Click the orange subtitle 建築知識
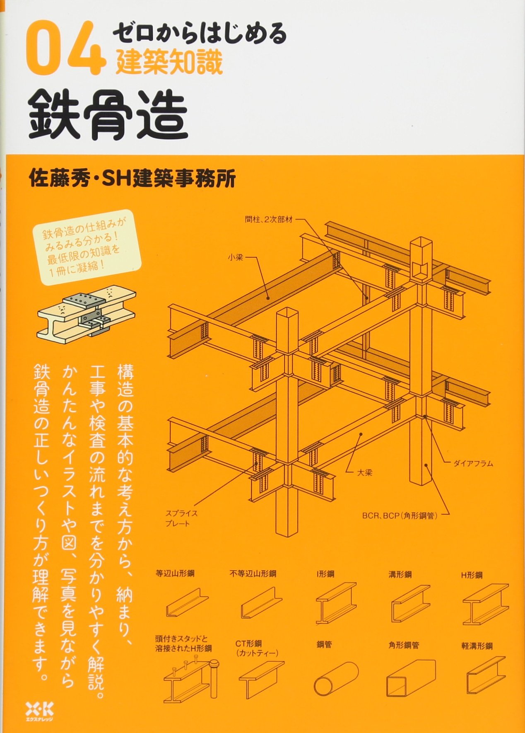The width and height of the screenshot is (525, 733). (169, 61)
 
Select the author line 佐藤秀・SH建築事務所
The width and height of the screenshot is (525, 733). (132, 179)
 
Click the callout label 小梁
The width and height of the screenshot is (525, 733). (235, 257)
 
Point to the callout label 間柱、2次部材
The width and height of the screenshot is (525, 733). (269, 220)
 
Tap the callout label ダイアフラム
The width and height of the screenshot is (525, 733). (473, 464)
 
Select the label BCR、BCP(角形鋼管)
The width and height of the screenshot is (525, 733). (400, 516)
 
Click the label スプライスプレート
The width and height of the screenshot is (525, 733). (181, 518)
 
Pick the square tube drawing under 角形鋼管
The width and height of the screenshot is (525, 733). (411, 680)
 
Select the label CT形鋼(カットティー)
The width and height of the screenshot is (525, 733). (257, 648)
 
